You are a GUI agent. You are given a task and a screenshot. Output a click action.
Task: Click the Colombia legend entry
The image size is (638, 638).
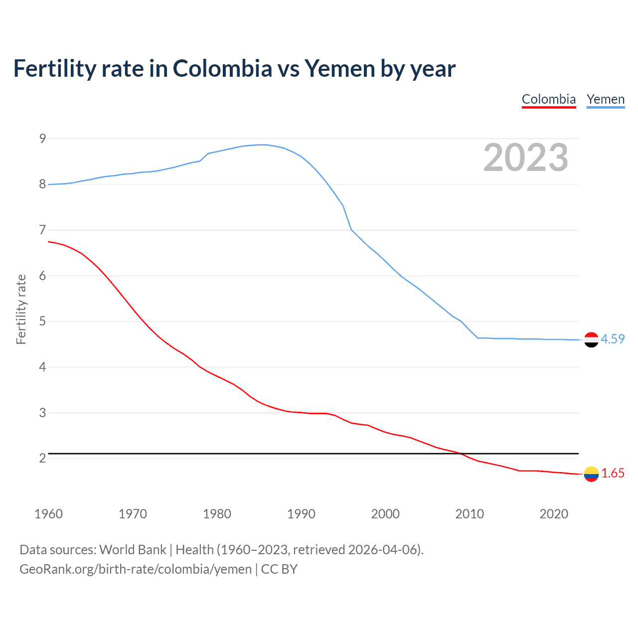click(x=549, y=99)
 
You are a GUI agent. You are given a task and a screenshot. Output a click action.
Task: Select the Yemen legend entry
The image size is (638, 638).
click(x=606, y=99)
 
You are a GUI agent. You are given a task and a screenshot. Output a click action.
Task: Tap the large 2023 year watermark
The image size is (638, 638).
click(x=526, y=158)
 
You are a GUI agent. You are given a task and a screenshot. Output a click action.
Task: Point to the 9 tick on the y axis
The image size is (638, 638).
click(x=42, y=139)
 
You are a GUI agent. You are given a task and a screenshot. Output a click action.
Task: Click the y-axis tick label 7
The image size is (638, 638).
click(x=42, y=230)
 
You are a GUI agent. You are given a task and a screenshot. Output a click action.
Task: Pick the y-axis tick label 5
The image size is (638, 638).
click(x=42, y=321)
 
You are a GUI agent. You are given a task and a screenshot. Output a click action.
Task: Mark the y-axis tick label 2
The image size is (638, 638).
click(x=42, y=458)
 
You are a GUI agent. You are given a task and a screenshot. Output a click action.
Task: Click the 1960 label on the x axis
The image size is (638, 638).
click(x=48, y=514)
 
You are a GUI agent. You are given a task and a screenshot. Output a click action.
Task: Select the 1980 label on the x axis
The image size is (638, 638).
click(x=217, y=514)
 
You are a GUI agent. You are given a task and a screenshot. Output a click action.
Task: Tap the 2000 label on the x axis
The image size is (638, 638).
click(x=385, y=514)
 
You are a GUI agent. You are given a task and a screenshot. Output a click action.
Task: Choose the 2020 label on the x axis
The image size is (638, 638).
click(x=554, y=514)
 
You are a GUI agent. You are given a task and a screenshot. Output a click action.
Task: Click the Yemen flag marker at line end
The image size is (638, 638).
click(x=591, y=339)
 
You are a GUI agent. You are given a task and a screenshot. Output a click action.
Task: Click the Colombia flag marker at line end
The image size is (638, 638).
click(x=591, y=474)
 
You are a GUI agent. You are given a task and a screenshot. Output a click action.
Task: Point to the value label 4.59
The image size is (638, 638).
click(x=613, y=339)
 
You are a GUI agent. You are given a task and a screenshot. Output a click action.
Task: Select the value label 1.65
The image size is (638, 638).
click(x=613, y=474)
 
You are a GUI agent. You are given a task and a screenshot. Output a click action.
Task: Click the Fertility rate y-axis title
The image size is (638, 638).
click(x=21, y=309)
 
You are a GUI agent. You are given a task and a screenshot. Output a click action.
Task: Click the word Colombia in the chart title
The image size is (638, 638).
click(x=222, y=69)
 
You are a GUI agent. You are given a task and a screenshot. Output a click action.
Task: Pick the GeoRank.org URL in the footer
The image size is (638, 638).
click(x=136, y=569)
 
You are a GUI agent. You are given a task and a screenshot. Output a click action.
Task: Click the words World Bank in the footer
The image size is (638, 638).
click(x=133, y=550)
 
